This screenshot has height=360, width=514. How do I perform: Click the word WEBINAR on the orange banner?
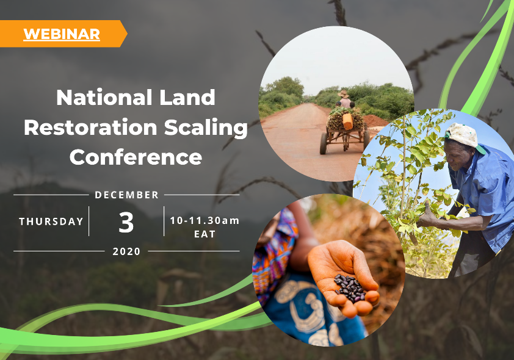[x=62, y=34]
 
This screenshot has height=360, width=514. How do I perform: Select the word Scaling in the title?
[x=206, y=128]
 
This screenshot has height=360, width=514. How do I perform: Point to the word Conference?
[x=136, y=157]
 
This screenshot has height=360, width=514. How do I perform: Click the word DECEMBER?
[x=126, y=195]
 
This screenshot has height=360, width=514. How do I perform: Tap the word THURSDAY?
[x=51, y=221]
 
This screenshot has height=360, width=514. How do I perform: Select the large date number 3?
[x=126, y=223]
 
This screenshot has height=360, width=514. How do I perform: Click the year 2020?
[x=126, y=251]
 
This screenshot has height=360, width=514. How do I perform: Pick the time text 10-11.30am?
[x=205, y=220]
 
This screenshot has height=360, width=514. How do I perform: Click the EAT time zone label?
[x=205, y=234]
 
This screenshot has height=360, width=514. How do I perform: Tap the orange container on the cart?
[x=347, y=121]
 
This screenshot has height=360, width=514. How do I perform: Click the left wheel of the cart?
[x=324, y=143]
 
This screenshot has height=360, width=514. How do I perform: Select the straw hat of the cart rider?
[x=343, y=94]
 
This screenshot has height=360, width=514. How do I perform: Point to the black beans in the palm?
[x=350, y=288]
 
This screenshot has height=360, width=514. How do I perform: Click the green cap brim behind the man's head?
[x=480, y=149]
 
